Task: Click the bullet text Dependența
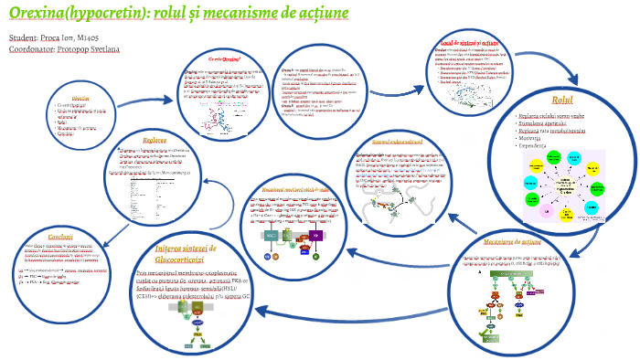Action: pyautogui.click(x=537, y=145)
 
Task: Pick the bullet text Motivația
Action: pyautogui.click(x=534, y=137)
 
